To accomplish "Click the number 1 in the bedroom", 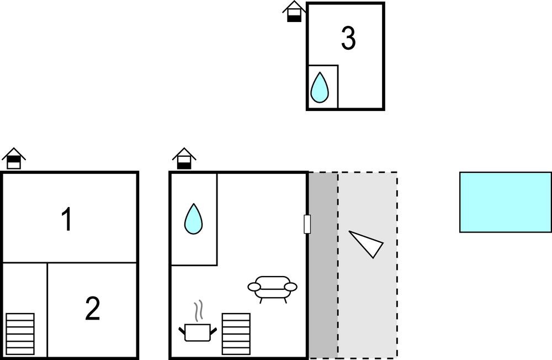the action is [x=67, y=219].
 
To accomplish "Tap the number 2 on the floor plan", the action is [x=93, y=308].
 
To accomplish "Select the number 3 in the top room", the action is [x=348, y=38].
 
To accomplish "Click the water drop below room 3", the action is [x=319, y=87].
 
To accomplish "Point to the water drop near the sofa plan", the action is [x=193, y=219].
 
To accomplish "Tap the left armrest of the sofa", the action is [x=254, y=287].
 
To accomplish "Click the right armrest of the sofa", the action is [x=291, y=287].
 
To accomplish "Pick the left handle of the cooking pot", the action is [x=182, y=331].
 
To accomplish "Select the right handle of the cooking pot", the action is [x=213, y=331].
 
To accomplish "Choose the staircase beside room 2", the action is [x=20, y=333].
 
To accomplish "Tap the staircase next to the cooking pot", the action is [x=236, y=333].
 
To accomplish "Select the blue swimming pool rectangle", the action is [x=506, y=202].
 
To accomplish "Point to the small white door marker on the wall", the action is [x=307, y=224].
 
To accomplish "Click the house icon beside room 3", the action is [x=294, y=12].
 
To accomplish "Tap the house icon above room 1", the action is [x=14, y=158].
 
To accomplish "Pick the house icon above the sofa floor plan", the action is [x=184, y=158].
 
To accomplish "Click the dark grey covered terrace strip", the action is [x=323, y=265].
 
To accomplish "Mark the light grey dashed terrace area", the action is [x=368, y=265].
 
